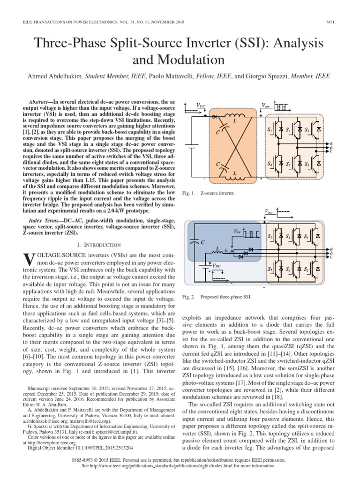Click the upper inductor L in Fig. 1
[x=233, y=117]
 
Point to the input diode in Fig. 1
[x=215, y=115]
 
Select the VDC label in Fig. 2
[x=217, y=265]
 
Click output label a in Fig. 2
[x=331, y=249]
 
